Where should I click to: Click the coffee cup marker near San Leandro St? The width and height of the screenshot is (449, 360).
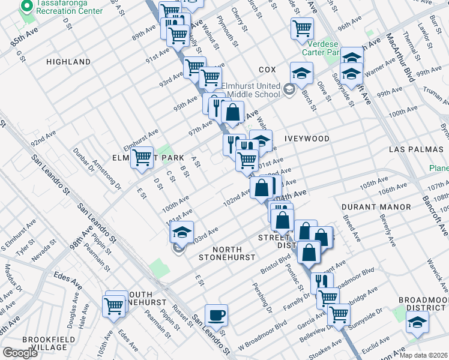[x=216, y=314]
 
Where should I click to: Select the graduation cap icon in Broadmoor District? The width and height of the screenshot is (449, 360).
[x=417, y=322]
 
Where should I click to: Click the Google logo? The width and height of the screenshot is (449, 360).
[x=20, y=353]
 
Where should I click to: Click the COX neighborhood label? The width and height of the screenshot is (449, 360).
[x=267, y=70]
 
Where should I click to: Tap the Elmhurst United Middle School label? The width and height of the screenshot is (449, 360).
[x=251, y=90]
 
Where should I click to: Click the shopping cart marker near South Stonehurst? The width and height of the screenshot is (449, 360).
[x=114, y=305]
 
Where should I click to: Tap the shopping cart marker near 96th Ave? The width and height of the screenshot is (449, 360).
[x=302, y=28]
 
